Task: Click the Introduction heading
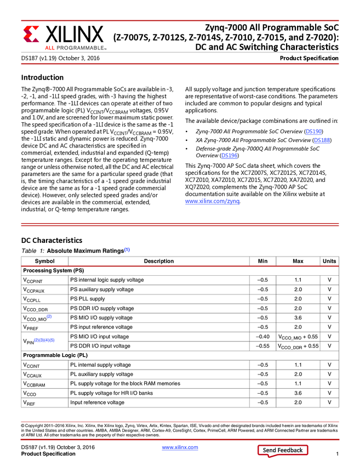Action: click(x=42, y=77)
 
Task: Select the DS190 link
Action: click(x=314, y=132)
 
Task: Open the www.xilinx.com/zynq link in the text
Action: click(x=212, y=201)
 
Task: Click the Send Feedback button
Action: click(x=282, y=450)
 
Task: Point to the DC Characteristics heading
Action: click(x=52, y=240)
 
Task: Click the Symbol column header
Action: click(x=44, y=261)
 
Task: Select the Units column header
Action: click(x=329, y=261)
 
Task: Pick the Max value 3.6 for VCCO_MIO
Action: click(x=298, y=317)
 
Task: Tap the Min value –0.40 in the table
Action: click(x=262, y=336)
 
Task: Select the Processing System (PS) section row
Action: click(x=53, y=270)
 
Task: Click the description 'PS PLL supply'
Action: click(x=88, y=299)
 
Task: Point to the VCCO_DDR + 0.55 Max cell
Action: click(x=298, y=346)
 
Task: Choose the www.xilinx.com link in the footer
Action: click(x=180, y=448)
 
